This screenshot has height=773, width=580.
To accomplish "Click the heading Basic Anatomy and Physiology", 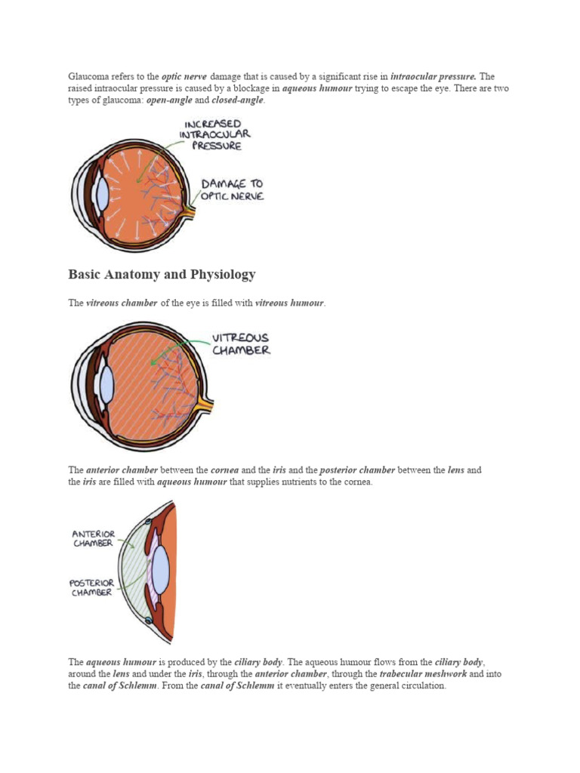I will (162, 275).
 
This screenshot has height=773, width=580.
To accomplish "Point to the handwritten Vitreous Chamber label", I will (241, 344).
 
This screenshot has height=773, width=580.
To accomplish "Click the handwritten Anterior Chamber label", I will (94, 538).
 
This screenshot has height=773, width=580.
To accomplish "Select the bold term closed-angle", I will (237, 100).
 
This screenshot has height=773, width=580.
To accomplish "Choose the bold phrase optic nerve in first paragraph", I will (184, 76).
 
